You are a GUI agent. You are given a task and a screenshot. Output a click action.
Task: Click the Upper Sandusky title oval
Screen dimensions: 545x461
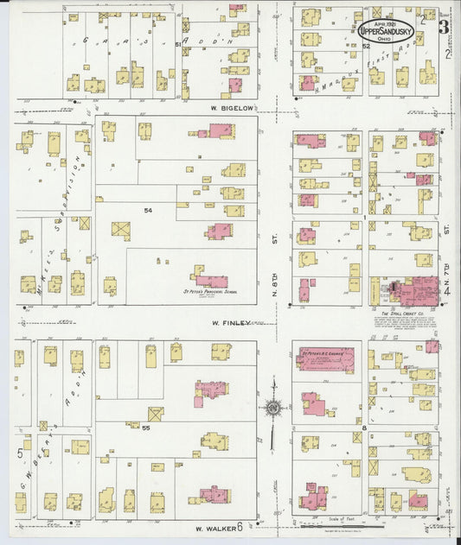pyautogui.click(x=386, y=29)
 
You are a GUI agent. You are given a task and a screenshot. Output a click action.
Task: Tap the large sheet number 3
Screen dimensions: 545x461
pyautogui.click(x=442, y=27)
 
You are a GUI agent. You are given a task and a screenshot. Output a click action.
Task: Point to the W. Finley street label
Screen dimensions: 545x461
pyautogui.click(x=231, y=323)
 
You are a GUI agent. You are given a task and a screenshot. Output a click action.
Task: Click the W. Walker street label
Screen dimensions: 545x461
pyautogui.click(x=211, y=529)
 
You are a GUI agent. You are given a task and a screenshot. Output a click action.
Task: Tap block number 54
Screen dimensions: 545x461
pyautogui.click(x=148, y=211)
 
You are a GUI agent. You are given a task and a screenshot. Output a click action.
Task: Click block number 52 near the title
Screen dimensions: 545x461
pyautogui.click(x=366, y=45)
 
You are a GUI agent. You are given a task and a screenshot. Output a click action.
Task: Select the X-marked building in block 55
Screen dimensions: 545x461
pyautogui.click(x=156, y=414)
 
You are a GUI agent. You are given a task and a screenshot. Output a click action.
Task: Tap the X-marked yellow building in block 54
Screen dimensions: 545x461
pyautogui.click(x=121, y=231)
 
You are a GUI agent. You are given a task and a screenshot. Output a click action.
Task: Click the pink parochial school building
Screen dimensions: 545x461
pyautogui.click(x=211, y=279)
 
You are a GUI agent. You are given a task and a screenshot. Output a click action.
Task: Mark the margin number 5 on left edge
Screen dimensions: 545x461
pyautogui.click(x=18, y=452)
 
